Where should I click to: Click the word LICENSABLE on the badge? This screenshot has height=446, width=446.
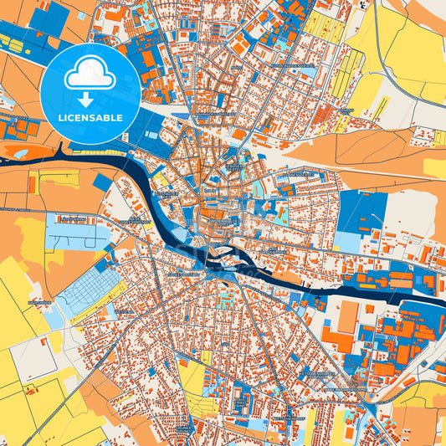90,118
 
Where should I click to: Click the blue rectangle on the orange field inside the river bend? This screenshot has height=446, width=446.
103,182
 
